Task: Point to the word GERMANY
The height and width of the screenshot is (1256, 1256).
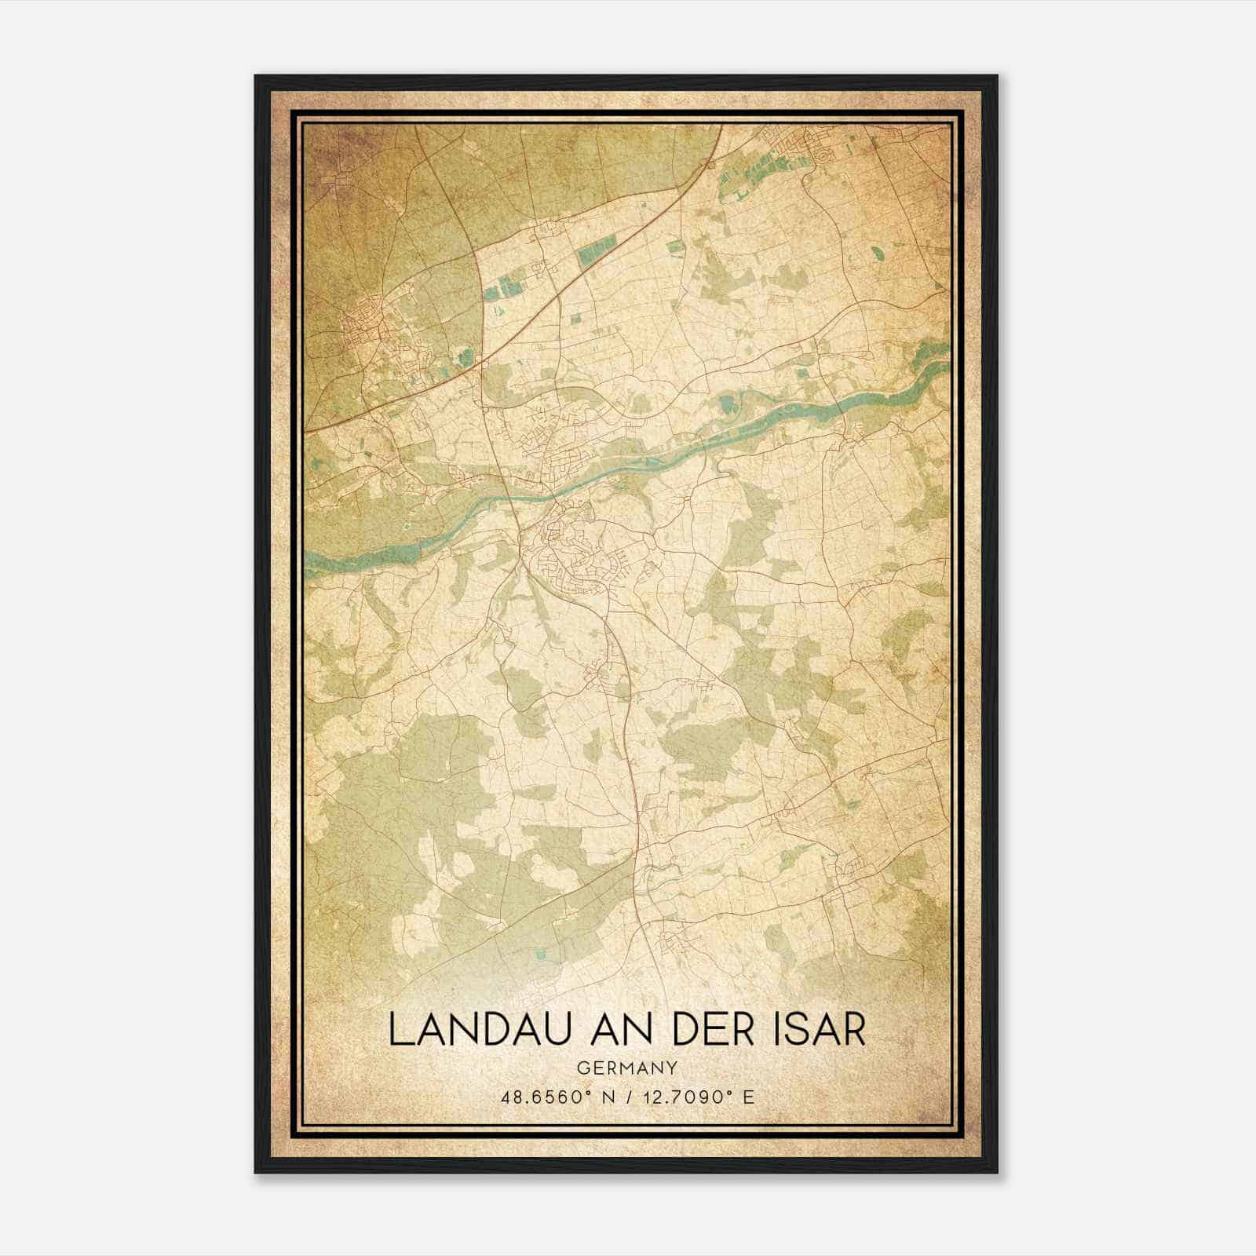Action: pos(626,1068)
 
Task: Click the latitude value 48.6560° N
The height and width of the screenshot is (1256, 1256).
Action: pos(554,1097)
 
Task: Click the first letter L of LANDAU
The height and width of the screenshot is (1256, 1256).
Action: pos(399,1030)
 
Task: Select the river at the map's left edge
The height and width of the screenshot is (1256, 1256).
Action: pos(314,560)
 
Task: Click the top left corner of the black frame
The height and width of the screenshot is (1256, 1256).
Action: pos(256,77)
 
